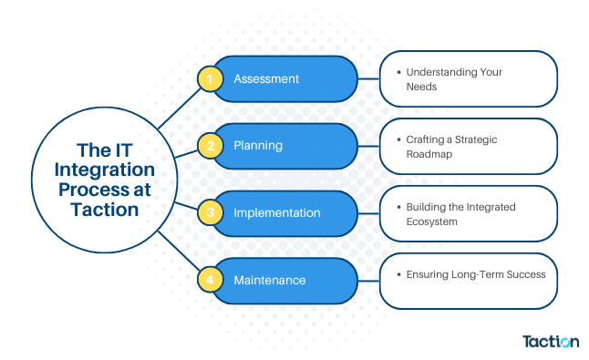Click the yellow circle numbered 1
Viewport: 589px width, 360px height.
pos(211,79)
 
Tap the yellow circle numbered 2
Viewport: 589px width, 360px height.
pos(211,146)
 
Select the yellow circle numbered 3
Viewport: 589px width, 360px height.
pos(211,213)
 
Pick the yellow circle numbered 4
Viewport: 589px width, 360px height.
pos(211,280)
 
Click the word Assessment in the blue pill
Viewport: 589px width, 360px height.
pos(266,79)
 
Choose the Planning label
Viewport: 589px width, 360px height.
pos(258,146)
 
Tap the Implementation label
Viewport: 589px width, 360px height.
pos(277,213)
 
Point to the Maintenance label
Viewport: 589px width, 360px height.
pos(271,280)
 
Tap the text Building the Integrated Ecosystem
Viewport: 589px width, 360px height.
pos(460,213)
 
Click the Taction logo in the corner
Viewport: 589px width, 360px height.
pos(550,342)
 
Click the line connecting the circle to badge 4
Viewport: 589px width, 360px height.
pos(178,254)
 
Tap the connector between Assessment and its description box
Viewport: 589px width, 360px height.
pos(368,79)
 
